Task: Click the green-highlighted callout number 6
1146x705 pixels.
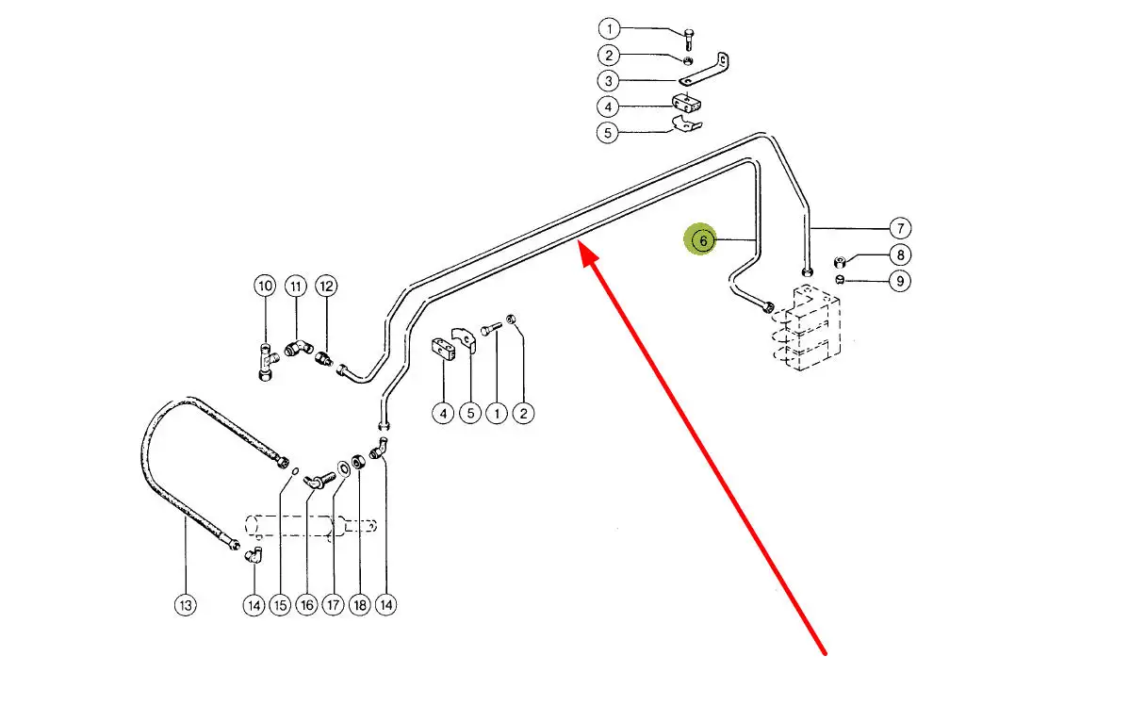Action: tap(703, 241)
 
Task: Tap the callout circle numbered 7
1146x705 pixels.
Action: tap(900, 228)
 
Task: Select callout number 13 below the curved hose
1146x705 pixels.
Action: tap(186, 605)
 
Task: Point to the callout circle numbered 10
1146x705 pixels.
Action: tap(265, 286)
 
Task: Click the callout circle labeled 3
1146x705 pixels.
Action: tap(609, 80)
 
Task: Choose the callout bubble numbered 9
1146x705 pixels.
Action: tap(900, 280)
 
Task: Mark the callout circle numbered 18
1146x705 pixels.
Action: tap(359, 605)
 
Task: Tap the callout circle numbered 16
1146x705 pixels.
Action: tap(306, 605)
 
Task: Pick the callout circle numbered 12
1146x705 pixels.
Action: tap(325, 286)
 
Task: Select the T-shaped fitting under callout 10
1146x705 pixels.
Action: tap(266, 361)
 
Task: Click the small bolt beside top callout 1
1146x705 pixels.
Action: tap(689, 38)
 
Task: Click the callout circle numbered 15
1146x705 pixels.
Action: tap(280, 605)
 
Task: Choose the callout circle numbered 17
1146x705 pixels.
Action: tap(333, 605)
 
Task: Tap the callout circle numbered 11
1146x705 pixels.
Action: tap(295, 286)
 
